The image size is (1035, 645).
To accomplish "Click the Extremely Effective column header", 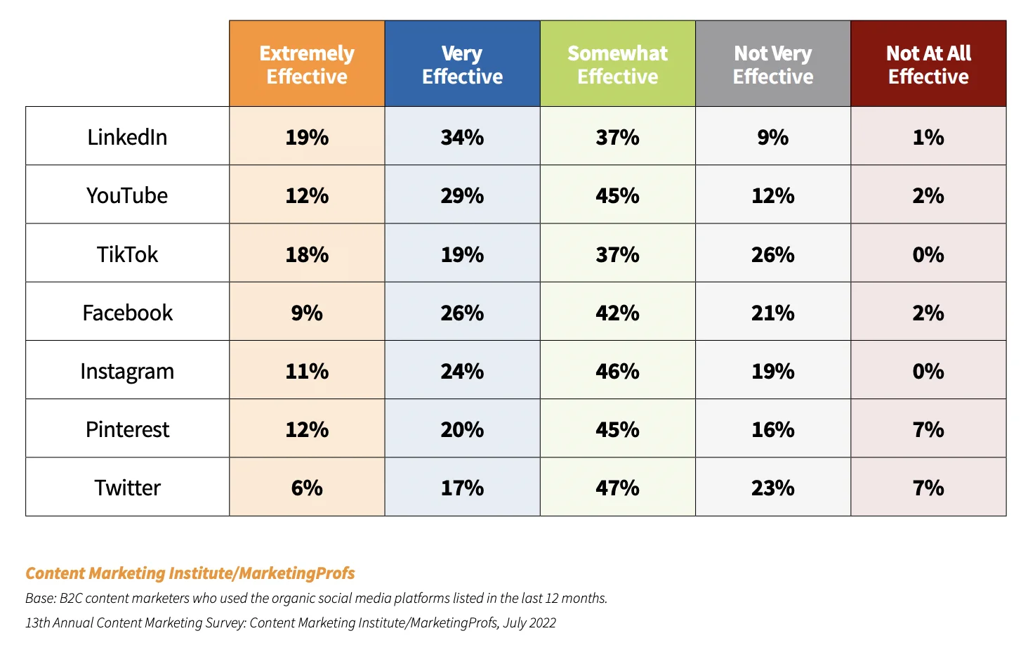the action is (307, 64).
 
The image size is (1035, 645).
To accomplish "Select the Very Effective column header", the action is (462, 64).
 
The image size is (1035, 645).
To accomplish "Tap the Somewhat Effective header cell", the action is (618, 64).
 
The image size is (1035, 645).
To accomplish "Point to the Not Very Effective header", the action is (773, 64).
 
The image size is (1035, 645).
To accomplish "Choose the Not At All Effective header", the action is (928, 64).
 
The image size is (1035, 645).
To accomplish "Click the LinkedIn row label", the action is (127, 137).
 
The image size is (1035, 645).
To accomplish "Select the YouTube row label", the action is (127, 195).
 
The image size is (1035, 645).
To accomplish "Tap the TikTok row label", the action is (127, 254).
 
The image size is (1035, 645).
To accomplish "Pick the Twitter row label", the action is (127, 488).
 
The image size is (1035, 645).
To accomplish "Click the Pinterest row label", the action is (127, 429).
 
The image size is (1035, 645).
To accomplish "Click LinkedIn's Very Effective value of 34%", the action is (462, 137).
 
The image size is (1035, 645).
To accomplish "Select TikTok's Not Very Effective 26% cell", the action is (773, 254).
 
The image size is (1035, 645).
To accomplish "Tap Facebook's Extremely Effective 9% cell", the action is (307, 313).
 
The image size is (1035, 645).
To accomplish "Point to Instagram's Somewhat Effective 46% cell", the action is (618, 371).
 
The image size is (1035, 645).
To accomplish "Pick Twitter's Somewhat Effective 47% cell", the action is (618, 488).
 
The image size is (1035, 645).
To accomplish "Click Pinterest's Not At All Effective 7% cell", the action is (928, 429).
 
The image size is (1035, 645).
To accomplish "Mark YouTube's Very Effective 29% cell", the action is (462, 195).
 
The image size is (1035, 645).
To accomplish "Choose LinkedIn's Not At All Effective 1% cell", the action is (928, 137).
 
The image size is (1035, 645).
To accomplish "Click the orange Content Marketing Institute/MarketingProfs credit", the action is (190, 573).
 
